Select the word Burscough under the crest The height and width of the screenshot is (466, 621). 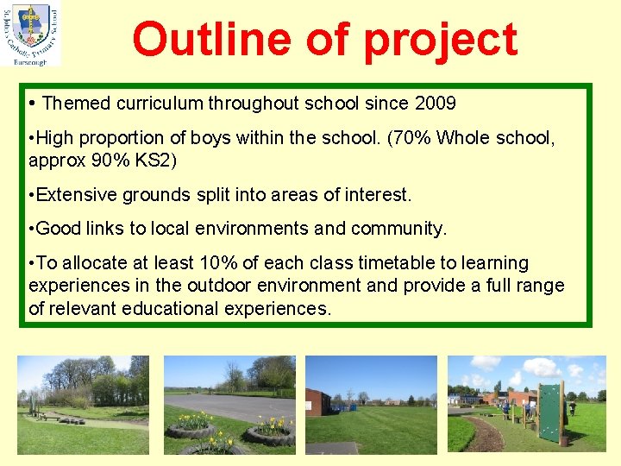pyautogui.click(x=30, y=61)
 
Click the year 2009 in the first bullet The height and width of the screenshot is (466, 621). pyautogui.click(x=435, y=104)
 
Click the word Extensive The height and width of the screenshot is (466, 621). pyautogui.click(x=74, y=195)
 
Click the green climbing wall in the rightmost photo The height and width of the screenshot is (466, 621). pyautogui.click(x=549, y=412)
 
